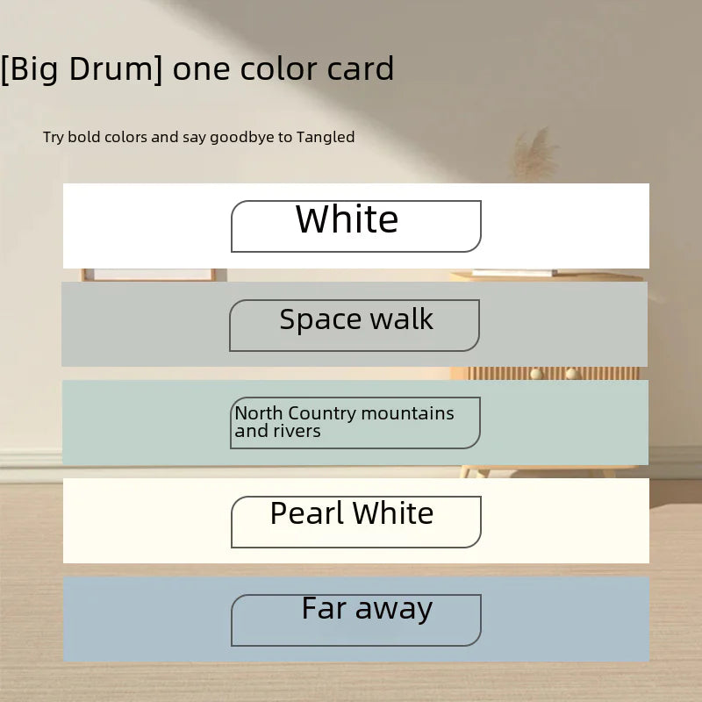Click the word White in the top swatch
pyautogui.click(x=347, y=219)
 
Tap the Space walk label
pyautogui.click(x=356, y=319)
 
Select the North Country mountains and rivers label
pyautogui.click(x=344, y=422)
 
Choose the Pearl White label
pyautogui.click(x=352, y=513)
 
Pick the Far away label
pyautogui.click(x=367, y=608)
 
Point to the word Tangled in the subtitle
pyautogui.click(x=325, y=137)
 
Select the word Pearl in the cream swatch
pyautogui.click(x=307, y=513)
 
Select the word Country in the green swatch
pyautogui.click(x=322, y=413)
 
